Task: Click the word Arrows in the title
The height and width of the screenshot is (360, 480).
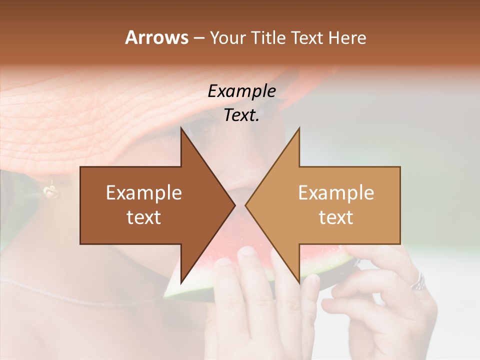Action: (x=156, y=37)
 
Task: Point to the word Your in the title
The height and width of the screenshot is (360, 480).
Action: (x=227, y=38)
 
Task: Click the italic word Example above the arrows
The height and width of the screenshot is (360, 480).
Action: (x=241, y=91)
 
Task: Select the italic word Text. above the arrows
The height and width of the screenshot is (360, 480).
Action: (x=241, y=115)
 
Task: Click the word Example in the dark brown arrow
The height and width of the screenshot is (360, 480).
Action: (x=143, y=193)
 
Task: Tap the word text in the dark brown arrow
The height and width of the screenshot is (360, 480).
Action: (x=143, y=217)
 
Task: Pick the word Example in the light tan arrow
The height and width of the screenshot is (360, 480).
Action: (x=336, y=193)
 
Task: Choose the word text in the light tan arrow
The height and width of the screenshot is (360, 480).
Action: (x=336, y=217)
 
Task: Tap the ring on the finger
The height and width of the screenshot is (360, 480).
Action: (x=418, y=282)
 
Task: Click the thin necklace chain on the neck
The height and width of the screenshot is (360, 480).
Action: (x=75, y=294)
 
